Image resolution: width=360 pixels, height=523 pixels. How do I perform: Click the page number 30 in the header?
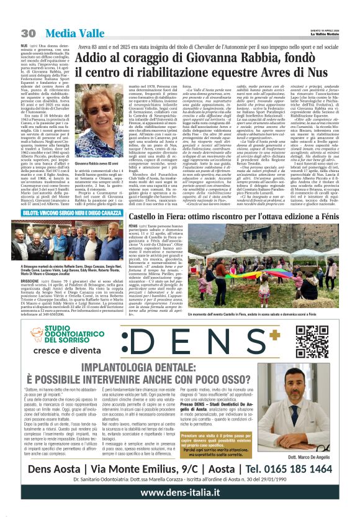[27, 33]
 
